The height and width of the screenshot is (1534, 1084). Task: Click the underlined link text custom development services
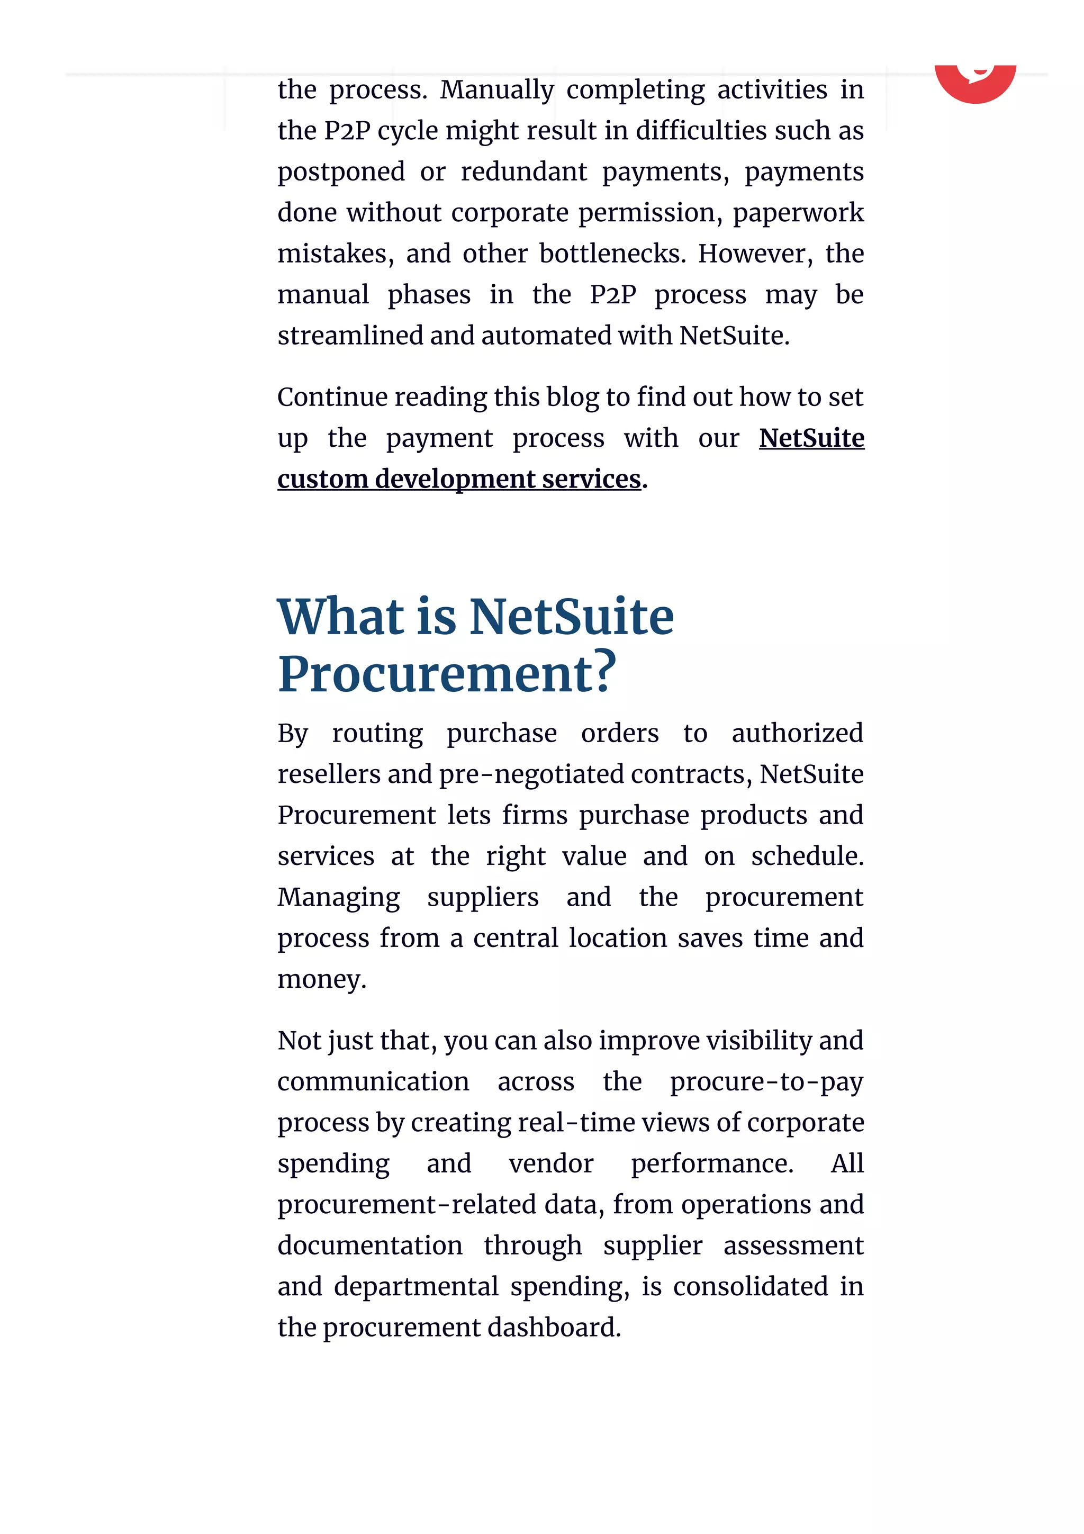point(459,479)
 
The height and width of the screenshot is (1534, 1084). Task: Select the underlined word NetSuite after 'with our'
point(811,438)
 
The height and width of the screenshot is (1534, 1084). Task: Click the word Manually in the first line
point(496,89)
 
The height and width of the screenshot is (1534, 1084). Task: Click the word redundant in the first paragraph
point(523,172)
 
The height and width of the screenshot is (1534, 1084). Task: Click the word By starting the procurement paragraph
point(293,734)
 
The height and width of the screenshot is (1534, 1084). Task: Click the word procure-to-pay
point(766,1081)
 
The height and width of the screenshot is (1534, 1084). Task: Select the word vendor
point(551,1164)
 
